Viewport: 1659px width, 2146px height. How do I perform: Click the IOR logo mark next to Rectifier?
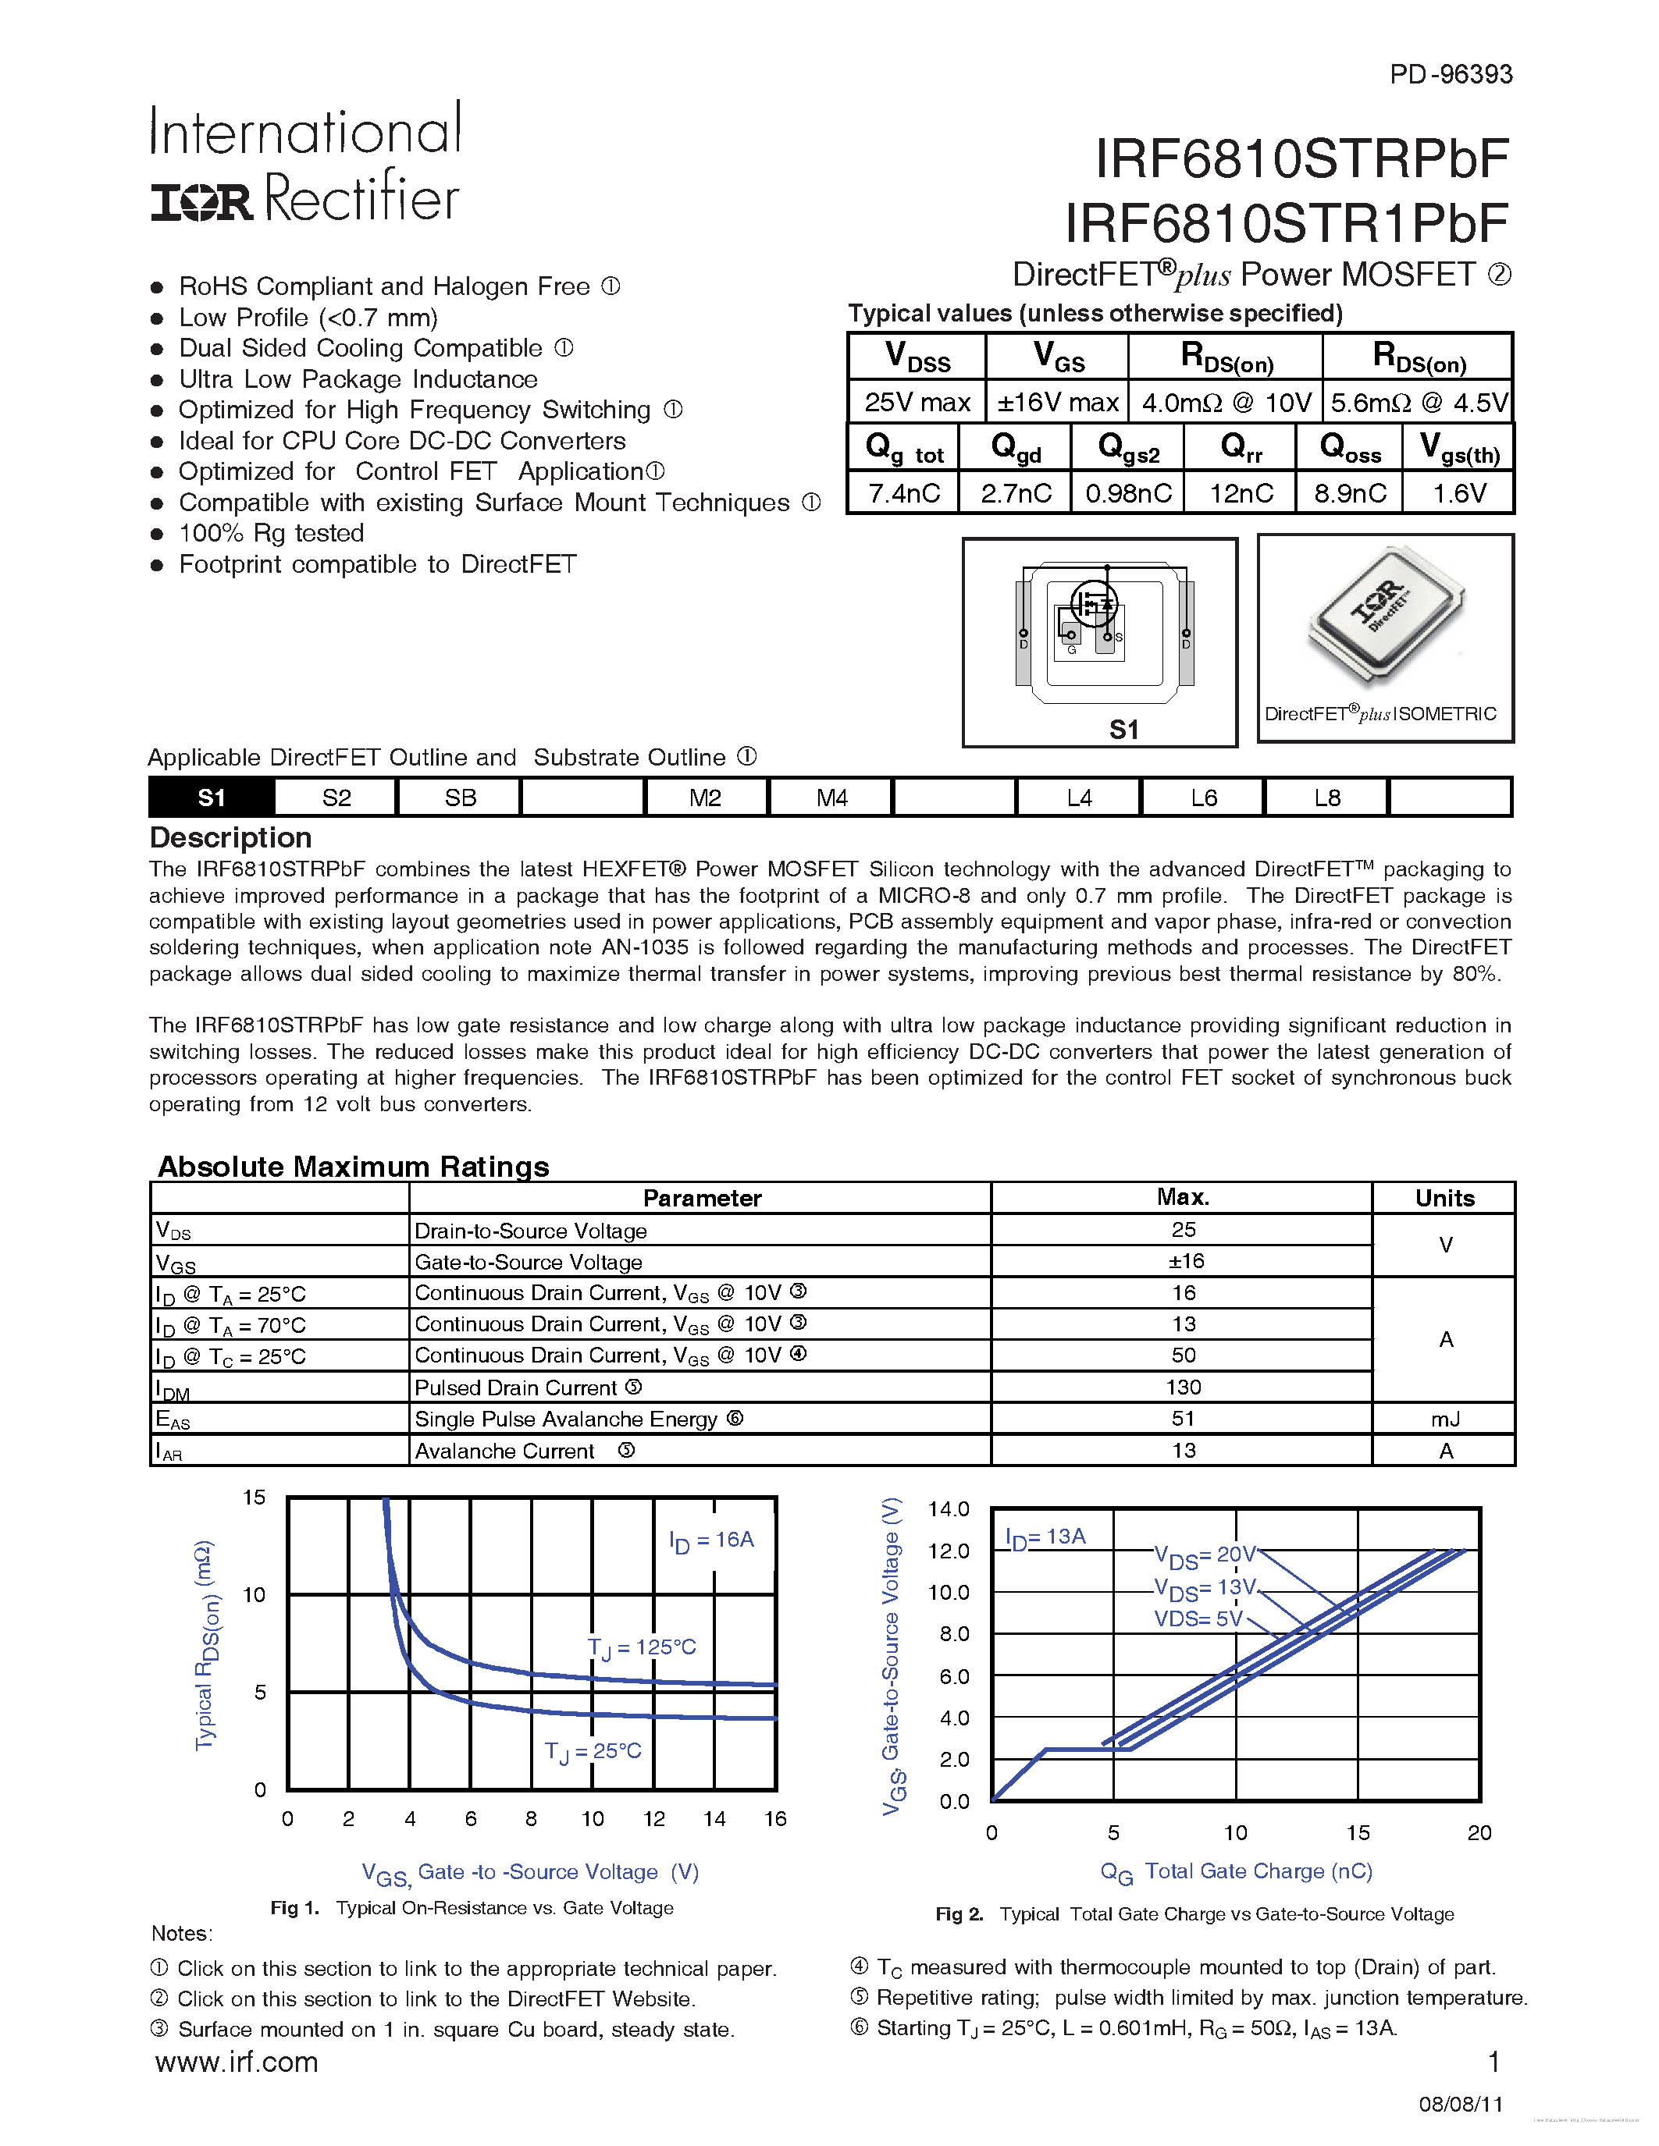click(x=201, y=201)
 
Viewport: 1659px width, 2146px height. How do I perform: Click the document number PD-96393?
click(x=1451, y=75)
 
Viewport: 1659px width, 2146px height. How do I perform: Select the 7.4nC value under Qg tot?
click(x=903, y=492)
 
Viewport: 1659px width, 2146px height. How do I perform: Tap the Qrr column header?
click(x=1241, y=448)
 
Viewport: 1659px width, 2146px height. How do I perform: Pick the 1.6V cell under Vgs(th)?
click(x=1458, y=492)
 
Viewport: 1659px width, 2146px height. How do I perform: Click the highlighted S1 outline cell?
click(x=212, y=798)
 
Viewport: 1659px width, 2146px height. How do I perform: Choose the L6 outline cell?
click(x=1203, y=798)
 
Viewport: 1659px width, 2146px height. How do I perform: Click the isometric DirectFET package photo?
click(x=1386, y=619)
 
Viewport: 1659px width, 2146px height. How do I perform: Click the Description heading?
click(x=230, y=837)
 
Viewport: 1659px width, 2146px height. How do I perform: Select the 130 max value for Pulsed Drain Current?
click(x=1184, y=1387)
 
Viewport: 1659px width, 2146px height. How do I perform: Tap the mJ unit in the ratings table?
click(x=1445, y=1419)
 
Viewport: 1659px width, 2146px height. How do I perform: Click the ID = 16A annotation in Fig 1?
click(x=710, y=1540)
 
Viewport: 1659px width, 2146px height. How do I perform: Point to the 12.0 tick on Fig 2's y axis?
click(x=948, y=1551)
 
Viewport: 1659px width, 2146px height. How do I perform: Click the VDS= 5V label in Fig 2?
click(x=1197, y=1618)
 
